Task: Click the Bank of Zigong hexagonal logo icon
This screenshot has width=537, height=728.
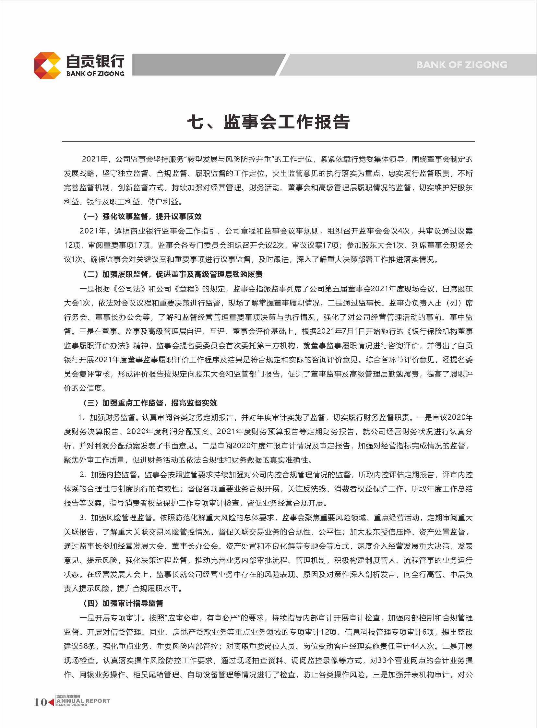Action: (47, 65)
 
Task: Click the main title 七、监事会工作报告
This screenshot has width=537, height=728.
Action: (268, 122)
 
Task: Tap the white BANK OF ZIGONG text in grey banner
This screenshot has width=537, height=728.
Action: (461, 65)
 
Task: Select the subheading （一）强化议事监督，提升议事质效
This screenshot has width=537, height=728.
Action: (142, 216)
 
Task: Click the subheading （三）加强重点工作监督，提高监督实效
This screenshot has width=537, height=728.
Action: (150, 403)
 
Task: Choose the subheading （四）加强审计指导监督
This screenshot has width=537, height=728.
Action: (123, 603)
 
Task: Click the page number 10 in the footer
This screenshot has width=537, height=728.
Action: (40, 702)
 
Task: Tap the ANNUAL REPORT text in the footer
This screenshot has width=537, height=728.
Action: (83, 701)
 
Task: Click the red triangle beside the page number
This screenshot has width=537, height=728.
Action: (51, 702)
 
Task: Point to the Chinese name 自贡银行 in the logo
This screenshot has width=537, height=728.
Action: (95, 61)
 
